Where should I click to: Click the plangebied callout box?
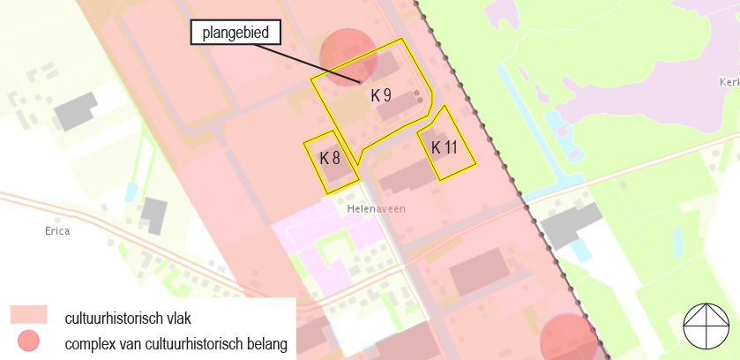coord(236,34)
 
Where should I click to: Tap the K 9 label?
coord(381,95)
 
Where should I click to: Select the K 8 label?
coord(330,159)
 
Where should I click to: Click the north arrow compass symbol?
coord(706,325)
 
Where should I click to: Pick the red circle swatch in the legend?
coord(29,341)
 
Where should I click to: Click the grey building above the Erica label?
coord(153,214)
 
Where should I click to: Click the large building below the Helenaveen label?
coord(478,272)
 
